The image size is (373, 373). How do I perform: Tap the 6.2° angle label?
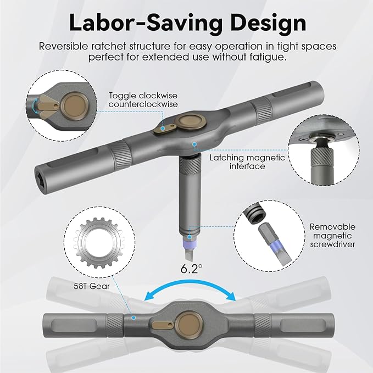pyautogui.click(x=191, y=269)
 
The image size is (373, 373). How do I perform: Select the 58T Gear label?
pyautogui.click(x=92, y=286)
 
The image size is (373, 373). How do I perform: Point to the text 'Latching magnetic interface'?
pyautogui.click(x=247, y=162)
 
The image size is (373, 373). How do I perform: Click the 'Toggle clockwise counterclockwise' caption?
pyautogui.click(x=143, y=100)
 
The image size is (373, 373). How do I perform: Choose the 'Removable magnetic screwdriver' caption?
pyautogui.click(x=332, y=235)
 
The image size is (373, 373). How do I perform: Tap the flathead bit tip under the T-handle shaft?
pyautogui.click(x=190, y=253)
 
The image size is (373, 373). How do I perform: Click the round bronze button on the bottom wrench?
pyautogui.click(x=190, y=325)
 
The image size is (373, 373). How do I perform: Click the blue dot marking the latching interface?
pyautogui.click(x=194, y=144)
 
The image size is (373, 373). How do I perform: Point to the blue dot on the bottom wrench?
pyautogui.click(x=133, y=318)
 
